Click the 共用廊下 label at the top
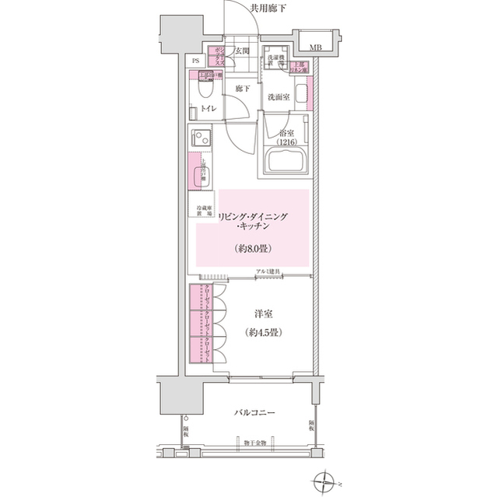coord(268,9)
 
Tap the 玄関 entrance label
coord(242,51)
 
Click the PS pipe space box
coord(195,60)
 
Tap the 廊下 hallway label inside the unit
coord(242,89)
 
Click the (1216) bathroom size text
coord(287,142)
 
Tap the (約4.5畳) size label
coord(265,332)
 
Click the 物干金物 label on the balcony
coord(254,443)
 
